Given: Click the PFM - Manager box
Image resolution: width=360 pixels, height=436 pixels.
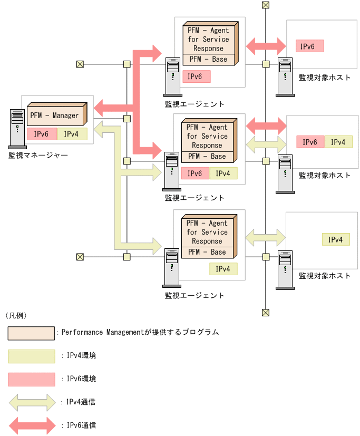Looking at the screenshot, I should pos(54,115).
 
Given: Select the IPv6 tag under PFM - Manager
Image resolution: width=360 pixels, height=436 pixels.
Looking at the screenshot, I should pos(42,134).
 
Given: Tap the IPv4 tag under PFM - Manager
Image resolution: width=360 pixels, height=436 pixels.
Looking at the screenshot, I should pos(72,134).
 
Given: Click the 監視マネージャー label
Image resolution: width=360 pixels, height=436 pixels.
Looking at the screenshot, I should pos(38,155).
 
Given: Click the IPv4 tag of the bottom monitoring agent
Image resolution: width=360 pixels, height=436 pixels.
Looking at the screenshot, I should pos(223,269).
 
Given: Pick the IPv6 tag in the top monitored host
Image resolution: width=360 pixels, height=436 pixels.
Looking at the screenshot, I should pos(309,46).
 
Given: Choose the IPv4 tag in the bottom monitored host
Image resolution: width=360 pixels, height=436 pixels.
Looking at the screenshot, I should pos(336,240).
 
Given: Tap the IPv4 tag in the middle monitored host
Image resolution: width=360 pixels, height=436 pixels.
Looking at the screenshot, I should pos(338,142).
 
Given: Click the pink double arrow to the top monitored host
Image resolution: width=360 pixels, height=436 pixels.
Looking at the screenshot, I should pos(266,46).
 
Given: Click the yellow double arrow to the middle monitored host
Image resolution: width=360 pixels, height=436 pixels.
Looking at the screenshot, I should pos(266,142).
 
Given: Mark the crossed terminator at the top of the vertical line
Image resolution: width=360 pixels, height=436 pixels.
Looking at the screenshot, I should pos(266,5).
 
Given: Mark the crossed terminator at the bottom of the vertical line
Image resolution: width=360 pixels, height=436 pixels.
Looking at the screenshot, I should pos(266,313).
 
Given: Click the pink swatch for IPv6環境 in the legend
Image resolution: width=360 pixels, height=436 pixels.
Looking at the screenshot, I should pos(32,379).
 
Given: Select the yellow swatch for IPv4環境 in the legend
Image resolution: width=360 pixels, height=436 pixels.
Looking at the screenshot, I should pos(32,356).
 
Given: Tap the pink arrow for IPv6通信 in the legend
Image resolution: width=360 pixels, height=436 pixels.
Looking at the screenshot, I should pos(32,425).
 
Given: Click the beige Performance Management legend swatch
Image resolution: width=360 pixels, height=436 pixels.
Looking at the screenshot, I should pos(32,333).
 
